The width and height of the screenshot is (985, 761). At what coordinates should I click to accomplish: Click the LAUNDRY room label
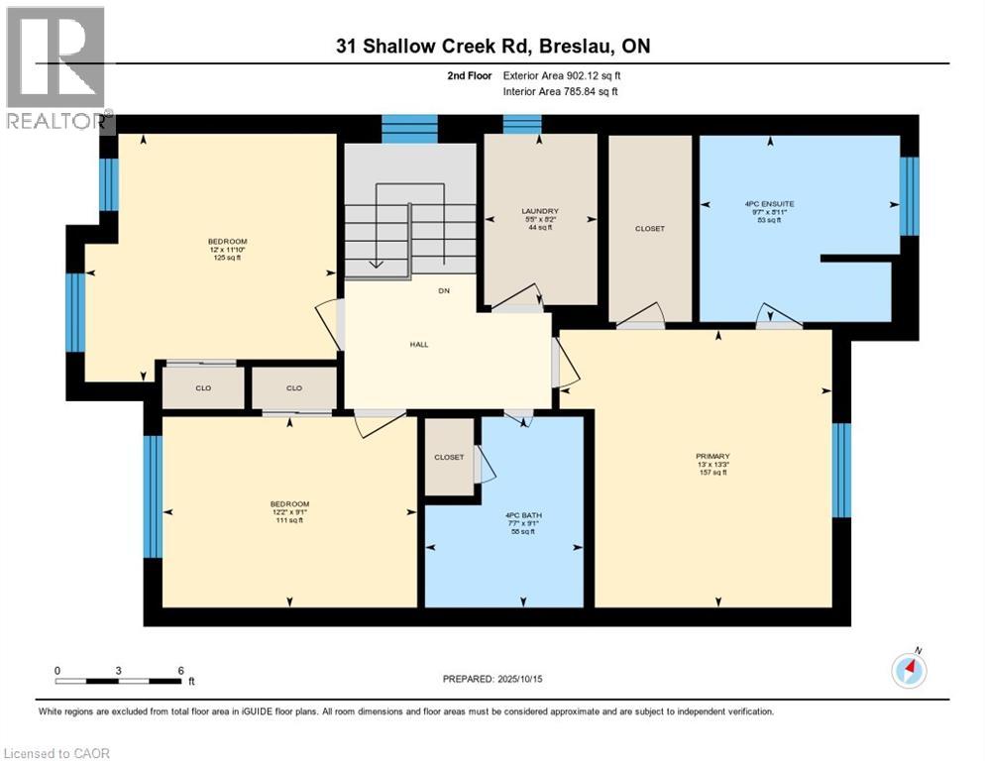[540, 211]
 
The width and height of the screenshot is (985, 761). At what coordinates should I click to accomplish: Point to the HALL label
[418, 344]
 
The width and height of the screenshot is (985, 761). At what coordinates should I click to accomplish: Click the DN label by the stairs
[444, 291]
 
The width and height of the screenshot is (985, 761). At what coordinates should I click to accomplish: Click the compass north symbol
[909, 670]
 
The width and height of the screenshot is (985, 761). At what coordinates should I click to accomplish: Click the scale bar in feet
[119, 680]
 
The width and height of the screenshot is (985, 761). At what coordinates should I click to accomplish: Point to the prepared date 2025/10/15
[493, 679]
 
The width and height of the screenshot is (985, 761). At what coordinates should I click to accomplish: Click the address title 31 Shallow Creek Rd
[492, 46]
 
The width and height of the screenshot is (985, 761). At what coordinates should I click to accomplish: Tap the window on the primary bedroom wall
[841, 471]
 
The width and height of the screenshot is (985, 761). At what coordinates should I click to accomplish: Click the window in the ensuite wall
[909, 195]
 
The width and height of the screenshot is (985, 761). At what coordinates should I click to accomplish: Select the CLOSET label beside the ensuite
[649, 229]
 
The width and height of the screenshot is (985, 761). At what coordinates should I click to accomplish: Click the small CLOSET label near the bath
[449, 457]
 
